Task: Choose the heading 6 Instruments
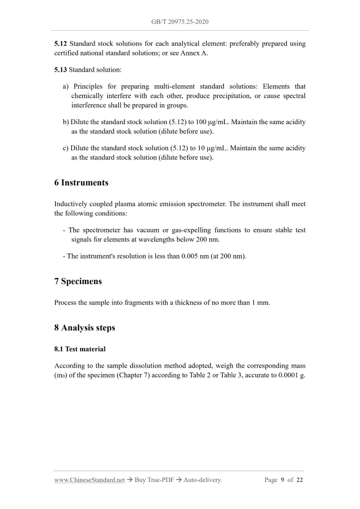(81, 183)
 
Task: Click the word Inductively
(71, 204)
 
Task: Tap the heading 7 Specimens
(78, 282)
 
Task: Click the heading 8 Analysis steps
(84, 328)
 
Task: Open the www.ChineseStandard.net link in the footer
(89, 480)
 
